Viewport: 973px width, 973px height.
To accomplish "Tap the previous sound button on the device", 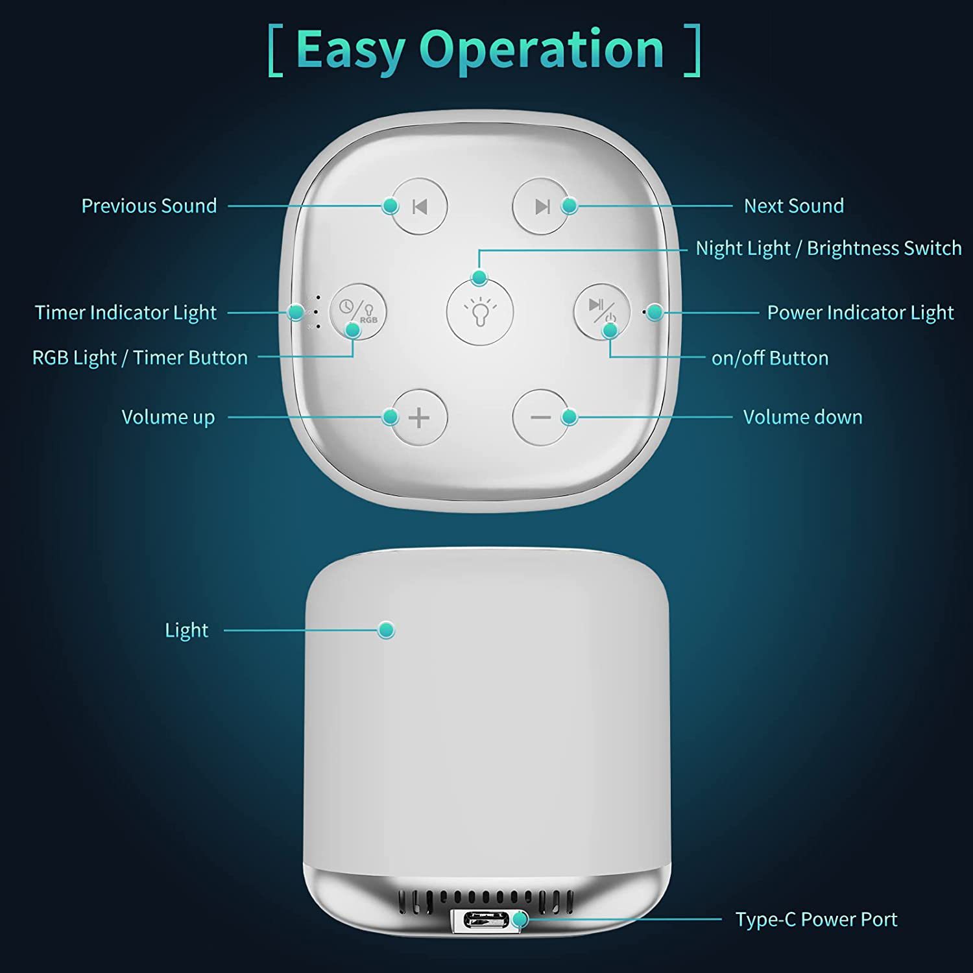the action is (420, 206).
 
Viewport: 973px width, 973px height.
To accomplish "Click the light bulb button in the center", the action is (480, 311).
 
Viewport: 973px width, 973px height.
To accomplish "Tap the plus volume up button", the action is (420, 417).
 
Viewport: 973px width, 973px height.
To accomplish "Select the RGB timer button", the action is (358, 311).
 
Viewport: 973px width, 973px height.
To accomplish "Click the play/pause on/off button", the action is (602, 311).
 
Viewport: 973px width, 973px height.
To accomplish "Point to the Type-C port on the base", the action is (485, 920).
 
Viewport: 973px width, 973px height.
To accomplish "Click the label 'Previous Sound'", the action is (149, 206).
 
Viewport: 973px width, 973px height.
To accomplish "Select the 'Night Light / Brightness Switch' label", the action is (828, 248).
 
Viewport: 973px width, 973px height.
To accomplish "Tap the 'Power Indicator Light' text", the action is (860, 312).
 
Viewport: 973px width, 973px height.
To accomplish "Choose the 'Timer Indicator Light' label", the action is (126, 312).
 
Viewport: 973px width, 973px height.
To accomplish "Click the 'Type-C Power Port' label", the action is (816, 919).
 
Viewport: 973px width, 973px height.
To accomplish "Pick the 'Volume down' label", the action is (802, 416).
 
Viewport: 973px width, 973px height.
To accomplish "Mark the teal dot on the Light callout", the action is (386, 630).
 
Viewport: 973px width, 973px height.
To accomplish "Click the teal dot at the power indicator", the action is (655, 312).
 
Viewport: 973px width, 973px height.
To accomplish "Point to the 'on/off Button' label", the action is (770, 357).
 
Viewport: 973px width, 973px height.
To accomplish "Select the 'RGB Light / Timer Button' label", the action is (140, 357).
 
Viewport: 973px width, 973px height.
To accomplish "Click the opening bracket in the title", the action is (276, 51).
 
